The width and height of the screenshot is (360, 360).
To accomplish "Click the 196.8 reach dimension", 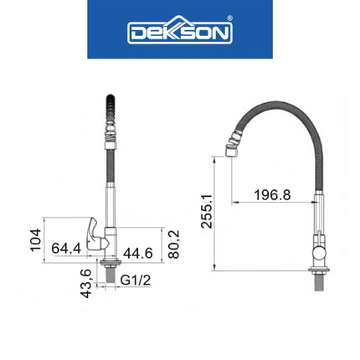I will pyautogui.click(x=272, y=195).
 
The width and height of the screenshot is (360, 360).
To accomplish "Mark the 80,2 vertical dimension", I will pyautogui.click(x=173, y=244).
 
